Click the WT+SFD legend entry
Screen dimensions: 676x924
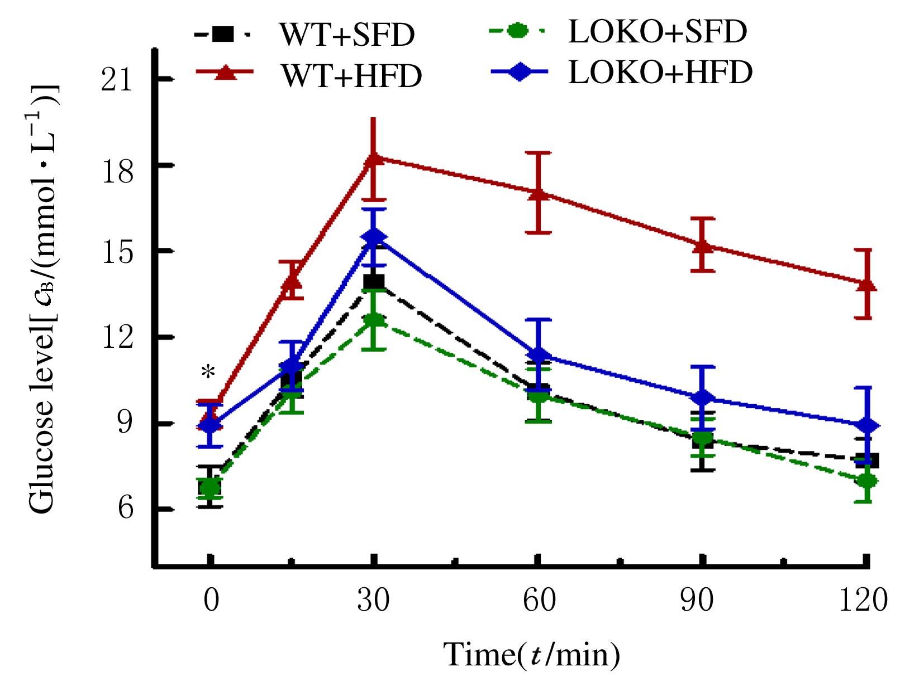[x=346, y=35]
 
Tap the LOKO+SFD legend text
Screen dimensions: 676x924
[x=657, y=31]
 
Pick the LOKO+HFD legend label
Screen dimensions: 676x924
[x=660, y=73]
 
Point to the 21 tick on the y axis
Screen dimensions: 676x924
[x=117, y=80]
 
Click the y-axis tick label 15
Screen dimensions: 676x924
[x=117, y=252]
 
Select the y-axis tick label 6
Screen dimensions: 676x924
[x=125, y=508]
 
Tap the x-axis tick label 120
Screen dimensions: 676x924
[x=863, y=601]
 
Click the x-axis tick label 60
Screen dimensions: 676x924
[x=539, y=601]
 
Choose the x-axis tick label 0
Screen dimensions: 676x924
[x=211, y=601]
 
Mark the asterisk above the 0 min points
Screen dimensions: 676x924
[x=208, y=372]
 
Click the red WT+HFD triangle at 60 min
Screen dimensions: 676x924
[x=538, y=193]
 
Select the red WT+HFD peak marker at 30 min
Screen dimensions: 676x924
[x=375, y=158]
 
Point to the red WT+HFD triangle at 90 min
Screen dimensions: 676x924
[x=703, y=245]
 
